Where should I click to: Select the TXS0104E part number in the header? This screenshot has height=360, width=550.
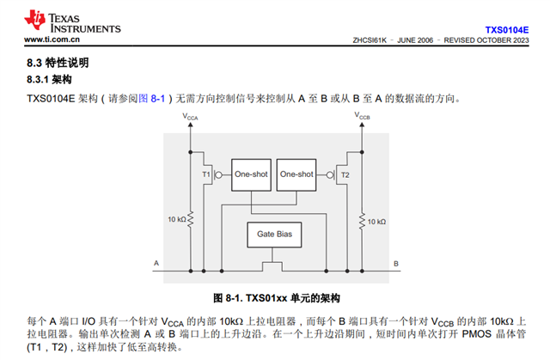506,28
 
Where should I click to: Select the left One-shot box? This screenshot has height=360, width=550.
251,174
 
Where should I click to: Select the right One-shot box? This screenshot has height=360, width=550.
297,174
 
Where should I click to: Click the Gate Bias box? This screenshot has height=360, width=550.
273,233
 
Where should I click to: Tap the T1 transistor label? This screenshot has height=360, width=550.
206,174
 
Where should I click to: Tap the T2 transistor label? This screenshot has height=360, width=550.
345,174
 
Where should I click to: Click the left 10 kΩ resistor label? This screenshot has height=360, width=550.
176,220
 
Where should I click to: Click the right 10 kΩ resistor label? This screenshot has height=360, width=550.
376,221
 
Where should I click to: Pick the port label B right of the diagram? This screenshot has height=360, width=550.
395,262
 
